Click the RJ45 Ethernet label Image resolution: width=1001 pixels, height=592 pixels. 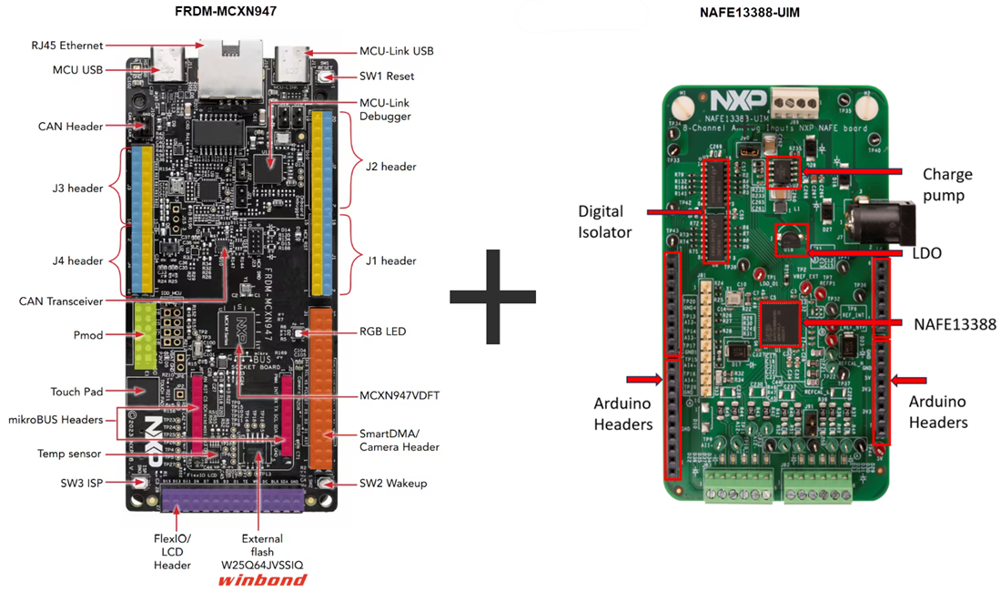(66, 45)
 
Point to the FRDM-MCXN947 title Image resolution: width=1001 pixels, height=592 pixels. (225, 12)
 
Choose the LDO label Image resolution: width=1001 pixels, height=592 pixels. (925, 253)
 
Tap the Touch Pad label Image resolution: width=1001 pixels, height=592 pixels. (77, 392)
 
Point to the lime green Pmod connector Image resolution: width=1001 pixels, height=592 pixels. (146, 334)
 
